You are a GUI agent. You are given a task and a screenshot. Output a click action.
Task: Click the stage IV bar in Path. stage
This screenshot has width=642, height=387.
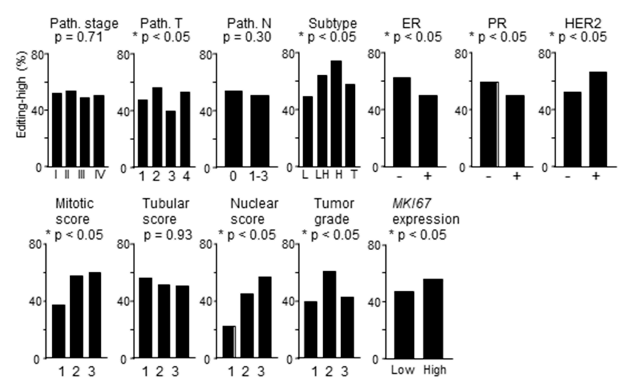(99, 131)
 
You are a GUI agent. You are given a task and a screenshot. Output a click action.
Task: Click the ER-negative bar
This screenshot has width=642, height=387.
(402, 122)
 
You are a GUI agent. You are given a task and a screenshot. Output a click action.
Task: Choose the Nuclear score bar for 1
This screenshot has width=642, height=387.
(229, 342)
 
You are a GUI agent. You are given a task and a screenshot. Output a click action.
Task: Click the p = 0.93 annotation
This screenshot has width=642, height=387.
(165, 234)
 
